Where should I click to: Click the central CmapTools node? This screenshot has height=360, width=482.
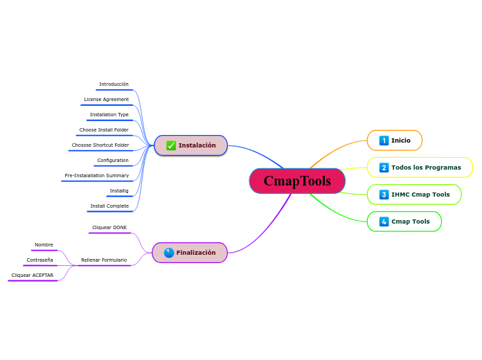[297, 181]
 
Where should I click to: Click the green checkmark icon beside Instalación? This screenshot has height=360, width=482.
[171, 145]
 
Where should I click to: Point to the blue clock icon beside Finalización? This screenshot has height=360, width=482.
[168, 253]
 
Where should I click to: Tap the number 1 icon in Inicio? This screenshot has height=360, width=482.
[384, 141]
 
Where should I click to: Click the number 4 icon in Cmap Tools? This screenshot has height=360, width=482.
[384, 222]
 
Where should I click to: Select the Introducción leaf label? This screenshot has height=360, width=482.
[114, 84]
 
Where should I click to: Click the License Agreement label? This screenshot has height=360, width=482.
[106, 100]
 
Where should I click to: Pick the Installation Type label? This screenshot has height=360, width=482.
[109, 115]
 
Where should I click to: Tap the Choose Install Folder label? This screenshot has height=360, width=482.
[104, 130]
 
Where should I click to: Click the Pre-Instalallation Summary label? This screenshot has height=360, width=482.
[96, 176]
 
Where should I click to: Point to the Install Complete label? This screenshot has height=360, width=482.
[109, 206]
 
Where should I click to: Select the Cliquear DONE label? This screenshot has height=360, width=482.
[109, 227]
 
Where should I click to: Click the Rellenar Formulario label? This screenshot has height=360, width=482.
[104, 260]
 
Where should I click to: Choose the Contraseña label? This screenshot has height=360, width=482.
[39, 260]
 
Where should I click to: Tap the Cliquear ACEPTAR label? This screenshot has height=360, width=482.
[32, 276]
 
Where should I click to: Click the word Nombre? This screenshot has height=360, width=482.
[44, 245]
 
